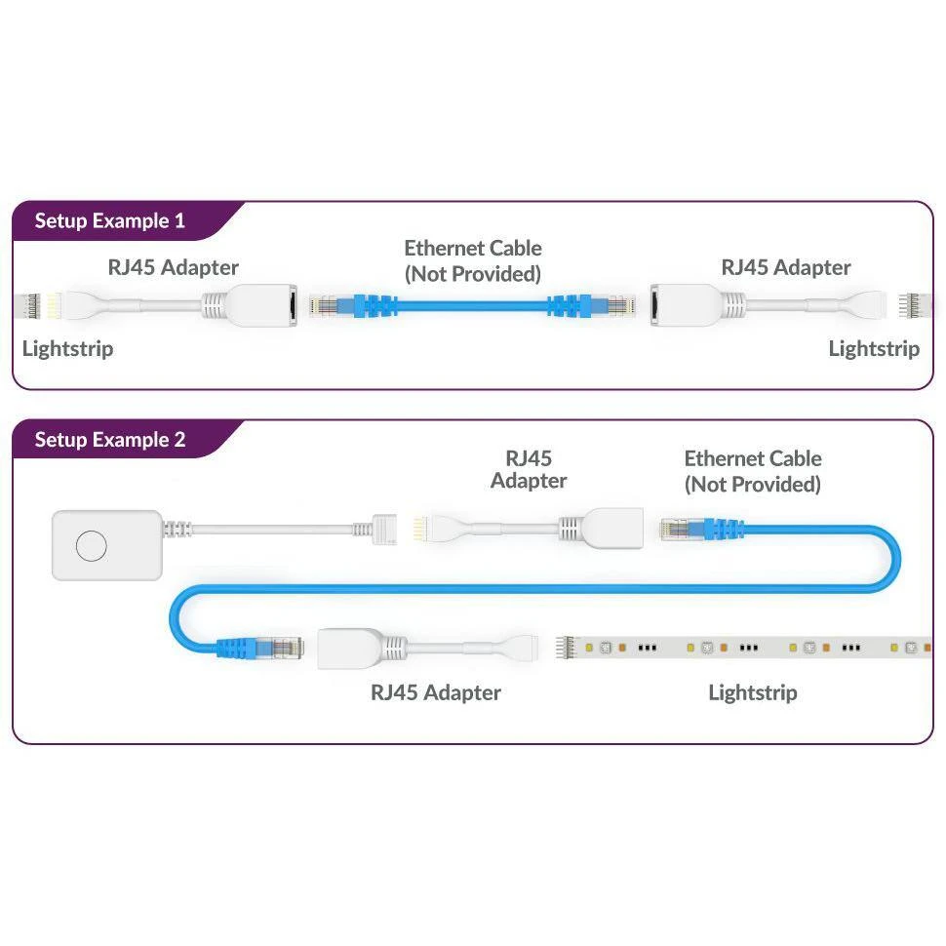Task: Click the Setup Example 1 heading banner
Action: pos(109,220)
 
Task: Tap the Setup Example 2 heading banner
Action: pos(109,440)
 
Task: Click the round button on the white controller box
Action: pos(91,546)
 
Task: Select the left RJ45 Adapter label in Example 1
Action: pos(173,267)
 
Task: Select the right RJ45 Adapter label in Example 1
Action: pos(785,267)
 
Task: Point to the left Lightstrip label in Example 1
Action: pos(67,348)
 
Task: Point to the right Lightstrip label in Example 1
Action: pos(874,348)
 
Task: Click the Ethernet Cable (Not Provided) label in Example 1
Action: pos(473,260)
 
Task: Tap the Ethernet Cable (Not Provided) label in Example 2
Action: pos(752,471)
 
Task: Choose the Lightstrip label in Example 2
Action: pos(752,692)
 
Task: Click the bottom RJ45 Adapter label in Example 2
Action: pos(435,692)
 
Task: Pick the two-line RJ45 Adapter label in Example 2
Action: pos(529,469)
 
